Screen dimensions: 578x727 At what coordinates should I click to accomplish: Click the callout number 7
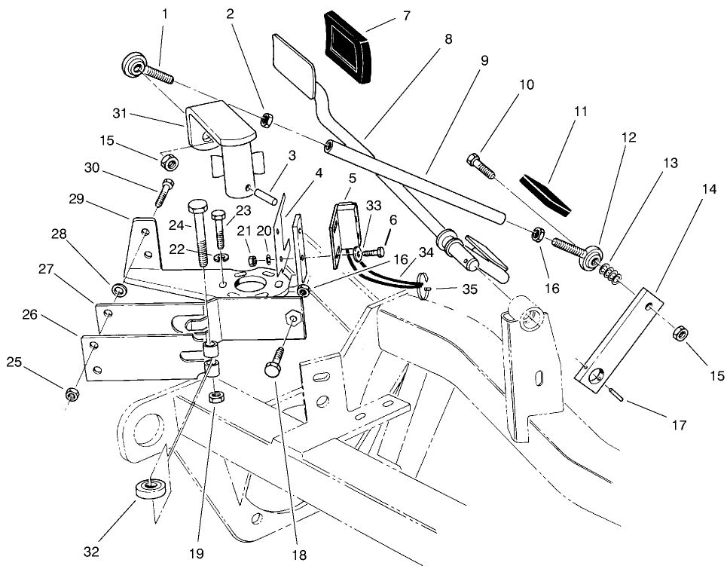(x=406, y=15)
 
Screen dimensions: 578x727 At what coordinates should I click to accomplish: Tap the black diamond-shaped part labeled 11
(x=545, y=191)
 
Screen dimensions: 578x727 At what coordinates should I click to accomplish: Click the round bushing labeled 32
(x=151, y=491)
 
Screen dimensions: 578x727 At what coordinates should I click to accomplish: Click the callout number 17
(x=678, y=425)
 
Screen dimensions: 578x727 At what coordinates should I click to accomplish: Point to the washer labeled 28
(x=119, y=289)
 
